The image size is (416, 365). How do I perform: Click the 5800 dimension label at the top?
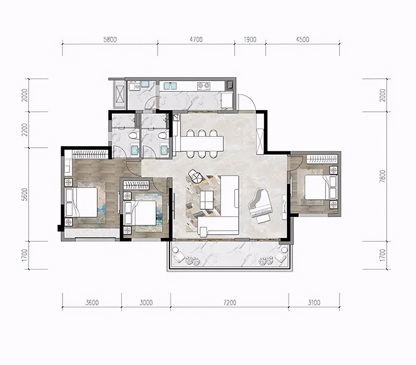click(x=110, y=39)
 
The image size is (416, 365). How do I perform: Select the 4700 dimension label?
click(x=196, y=39)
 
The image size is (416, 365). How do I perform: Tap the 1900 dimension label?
click(x=250, y=39)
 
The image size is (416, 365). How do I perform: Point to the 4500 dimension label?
click(x=303, y=39)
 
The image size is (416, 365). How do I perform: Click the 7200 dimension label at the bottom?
click(x=230, y=303)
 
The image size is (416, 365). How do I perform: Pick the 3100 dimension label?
click(x=314, y=303)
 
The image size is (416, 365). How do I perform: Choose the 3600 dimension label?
click(x=92, y=303)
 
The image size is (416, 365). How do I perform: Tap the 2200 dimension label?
click(x=25, y=130)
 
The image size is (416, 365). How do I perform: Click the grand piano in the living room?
click(x=260, y=206)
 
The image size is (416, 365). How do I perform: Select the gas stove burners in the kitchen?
click(x=204, y=86)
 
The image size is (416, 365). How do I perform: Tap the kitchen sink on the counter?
click(x=170, y=86)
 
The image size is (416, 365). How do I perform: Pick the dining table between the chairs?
click(x=201, y=144)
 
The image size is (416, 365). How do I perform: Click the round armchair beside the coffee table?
click(x=196, y=176)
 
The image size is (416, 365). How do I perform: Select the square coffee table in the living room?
click(x=206, y=200)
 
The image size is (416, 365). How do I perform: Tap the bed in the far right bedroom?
click(x=320, y=187)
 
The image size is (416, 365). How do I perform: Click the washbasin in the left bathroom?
click(x=135, y=150)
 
